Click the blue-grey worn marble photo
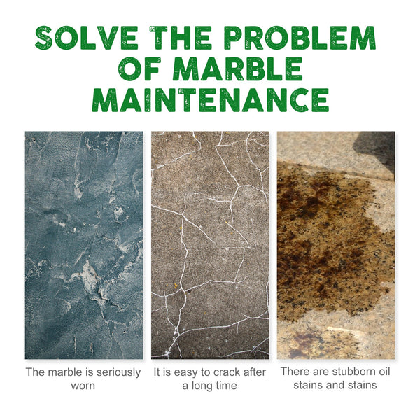point(83,245)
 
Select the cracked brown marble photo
point(210,245)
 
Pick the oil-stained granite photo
point(336,245)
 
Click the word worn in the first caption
point(83,386)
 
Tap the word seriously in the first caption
point(115,372)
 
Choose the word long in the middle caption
point(207,386)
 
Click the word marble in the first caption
point(66,372)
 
